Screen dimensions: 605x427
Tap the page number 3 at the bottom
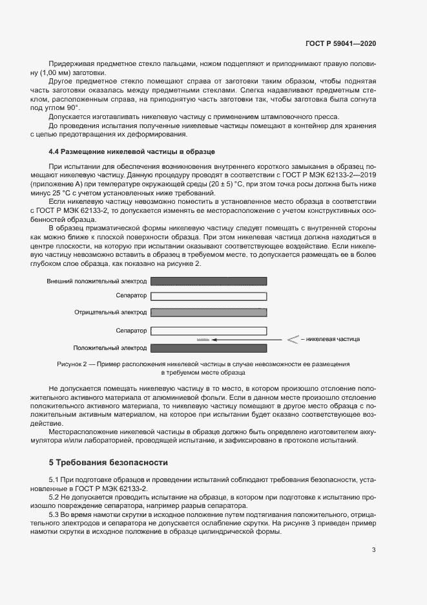click(x=373, y=550)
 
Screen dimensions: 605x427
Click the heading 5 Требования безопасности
click(x=109, y=463)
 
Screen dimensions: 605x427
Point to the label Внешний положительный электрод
click(x=97, y=281)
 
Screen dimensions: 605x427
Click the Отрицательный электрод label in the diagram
click(x=110, y=312)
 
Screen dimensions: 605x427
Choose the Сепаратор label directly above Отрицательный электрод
click(x=131, y=296)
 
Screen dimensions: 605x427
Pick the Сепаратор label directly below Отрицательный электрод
click(x=131, y=331)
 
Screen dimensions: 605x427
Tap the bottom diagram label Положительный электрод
click(x=110, y=347)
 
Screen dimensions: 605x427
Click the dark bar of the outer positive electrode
click(x=209, y=281)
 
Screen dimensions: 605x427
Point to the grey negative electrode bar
click(x=209, y=312)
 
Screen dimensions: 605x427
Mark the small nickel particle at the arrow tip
click(x=203, y=339)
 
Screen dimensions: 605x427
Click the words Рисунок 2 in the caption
click(x=73, y=364)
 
